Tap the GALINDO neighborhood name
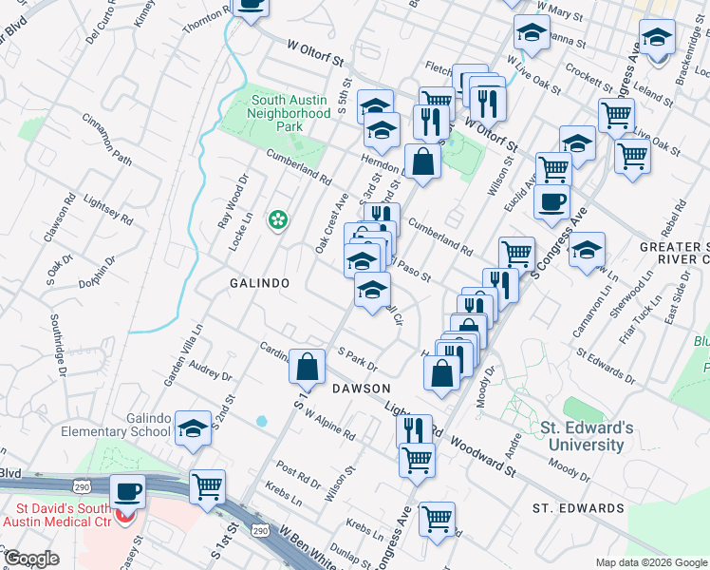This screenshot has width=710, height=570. click(258, 283)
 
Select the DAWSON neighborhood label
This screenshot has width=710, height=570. click(361, 389)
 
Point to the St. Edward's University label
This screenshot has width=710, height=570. click(583, 436)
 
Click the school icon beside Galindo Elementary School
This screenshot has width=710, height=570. click(194, 429)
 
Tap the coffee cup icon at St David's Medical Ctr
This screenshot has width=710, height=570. click(127, 492)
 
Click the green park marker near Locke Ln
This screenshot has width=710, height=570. click(278, 220)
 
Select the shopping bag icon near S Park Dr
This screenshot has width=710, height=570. click(308, 366)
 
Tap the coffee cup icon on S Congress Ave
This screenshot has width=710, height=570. click(552, 201)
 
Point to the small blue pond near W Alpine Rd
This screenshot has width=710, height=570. click(261, 420)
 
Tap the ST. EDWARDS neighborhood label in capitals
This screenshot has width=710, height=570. click(578, 508)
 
